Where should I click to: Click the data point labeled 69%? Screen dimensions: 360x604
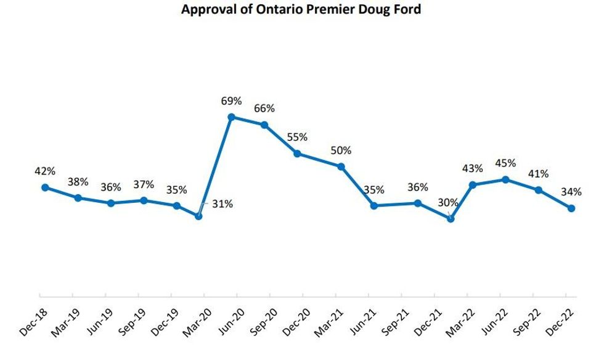coord(231,117)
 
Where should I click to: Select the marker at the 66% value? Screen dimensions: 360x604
coord(264,125)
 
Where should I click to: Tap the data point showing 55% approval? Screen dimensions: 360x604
coord(297,153)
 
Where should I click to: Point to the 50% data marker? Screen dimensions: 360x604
coord(341,166)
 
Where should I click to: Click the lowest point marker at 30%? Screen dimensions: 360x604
coord(451,218)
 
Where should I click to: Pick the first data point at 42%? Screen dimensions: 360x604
coord(45,187)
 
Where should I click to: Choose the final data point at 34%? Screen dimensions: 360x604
coord(571,208)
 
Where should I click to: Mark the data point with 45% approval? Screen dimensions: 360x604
coord(505,179)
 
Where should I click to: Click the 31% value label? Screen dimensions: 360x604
coord(222,203)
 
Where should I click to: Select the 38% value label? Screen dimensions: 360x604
coord(78,182)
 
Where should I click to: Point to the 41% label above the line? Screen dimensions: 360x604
coord(538,174)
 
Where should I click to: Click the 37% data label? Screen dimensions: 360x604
coord(144,184)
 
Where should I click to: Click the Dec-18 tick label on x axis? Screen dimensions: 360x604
coord(32,321)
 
